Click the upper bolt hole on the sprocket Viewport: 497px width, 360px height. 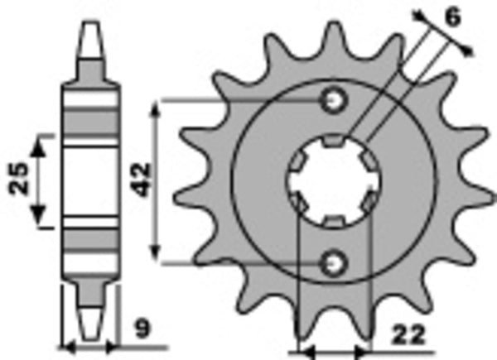(x=335, y=100)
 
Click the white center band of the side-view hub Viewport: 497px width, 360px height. (x=90, y=180)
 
